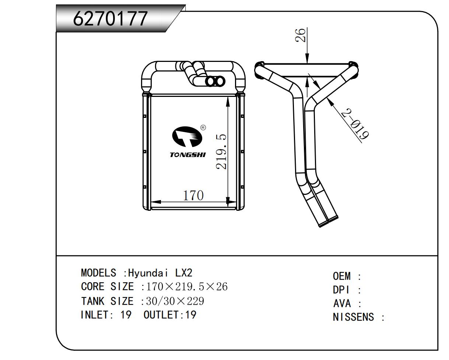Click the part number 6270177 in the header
111,18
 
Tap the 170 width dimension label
193,196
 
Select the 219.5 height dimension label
221,152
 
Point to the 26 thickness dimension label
300,35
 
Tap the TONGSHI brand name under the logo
188,155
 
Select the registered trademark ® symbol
203,127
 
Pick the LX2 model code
183,273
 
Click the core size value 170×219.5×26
187,287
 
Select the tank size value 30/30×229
175,301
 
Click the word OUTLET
161,315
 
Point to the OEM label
342,276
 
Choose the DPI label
341,290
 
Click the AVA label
342,304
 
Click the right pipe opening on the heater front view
220,81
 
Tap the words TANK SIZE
107,301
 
